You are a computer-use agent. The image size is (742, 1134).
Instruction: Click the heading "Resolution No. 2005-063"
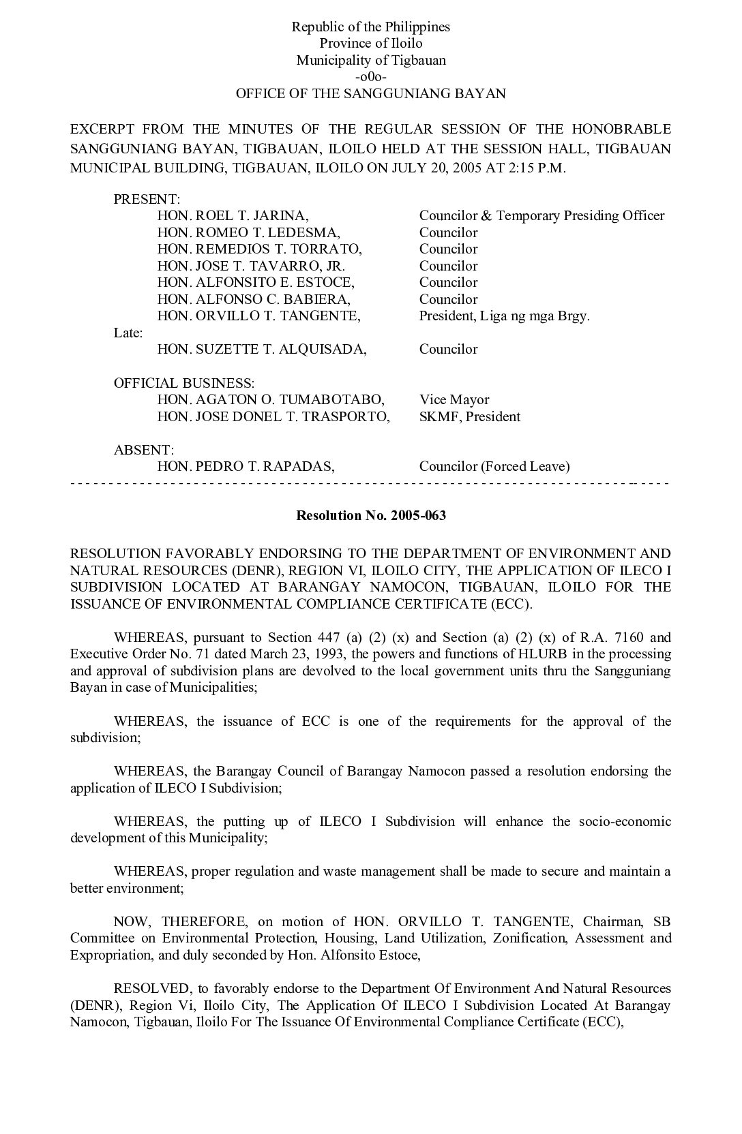pyautogui.click(x=371, y=516)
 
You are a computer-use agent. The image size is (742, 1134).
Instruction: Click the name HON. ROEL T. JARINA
pyautogui.click(x=233, y=216)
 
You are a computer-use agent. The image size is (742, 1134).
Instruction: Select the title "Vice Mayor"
pyautogui.click(x=454, y=400)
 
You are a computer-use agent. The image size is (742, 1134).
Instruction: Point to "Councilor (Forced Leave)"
pyautogui.click(x=494, y=467)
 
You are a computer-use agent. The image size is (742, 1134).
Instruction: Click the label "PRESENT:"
pyautogui.click(x=147, y=199)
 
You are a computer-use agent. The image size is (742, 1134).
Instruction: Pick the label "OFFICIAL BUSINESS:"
pyautogui.click(x=184, y=383)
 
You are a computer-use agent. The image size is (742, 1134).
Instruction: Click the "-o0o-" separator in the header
pyautogui.click(x=371, y=77)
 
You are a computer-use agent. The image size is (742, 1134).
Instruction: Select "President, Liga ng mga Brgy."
pyautogui.click(x=504, y=316)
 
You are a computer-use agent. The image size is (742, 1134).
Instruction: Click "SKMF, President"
pyautogui.click(x=470, y=416)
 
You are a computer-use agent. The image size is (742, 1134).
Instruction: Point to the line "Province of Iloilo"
pyautogui.click(x=371, y=44)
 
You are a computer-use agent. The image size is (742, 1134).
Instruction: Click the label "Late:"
pyautogui.click(x=128, y=333)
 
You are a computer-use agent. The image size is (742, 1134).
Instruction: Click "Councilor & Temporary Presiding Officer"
pyautogui.click(x=541, y=216)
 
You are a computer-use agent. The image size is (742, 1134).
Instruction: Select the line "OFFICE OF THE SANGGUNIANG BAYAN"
pyautogui.click(x=371, y=94)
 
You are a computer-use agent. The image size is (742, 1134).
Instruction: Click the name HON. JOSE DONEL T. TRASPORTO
pyautogui.click(x=273, y=416)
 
